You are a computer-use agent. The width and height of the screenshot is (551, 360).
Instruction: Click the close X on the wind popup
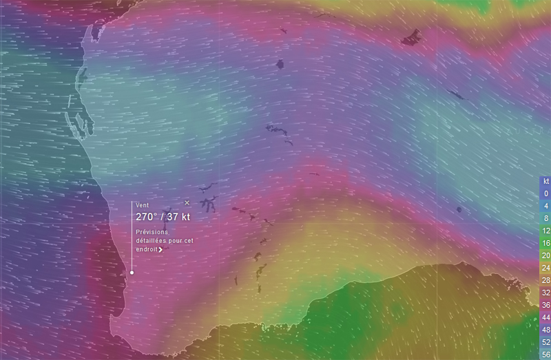187,202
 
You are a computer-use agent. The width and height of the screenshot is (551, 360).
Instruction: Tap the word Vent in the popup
142,206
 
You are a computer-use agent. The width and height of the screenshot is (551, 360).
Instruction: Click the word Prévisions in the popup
152,232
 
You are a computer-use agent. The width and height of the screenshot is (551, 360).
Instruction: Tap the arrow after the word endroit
160,249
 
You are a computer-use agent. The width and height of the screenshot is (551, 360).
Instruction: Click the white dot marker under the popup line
132,272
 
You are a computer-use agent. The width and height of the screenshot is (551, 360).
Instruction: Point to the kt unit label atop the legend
545,181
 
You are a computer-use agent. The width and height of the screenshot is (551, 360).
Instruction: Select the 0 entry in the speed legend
545,193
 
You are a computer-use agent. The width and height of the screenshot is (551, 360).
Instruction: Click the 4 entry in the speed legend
545,206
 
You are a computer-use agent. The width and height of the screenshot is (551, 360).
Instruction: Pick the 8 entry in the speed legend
545,218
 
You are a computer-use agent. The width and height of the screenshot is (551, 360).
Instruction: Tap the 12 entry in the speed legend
545,231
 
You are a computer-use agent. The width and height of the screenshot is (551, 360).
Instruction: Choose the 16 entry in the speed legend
545,243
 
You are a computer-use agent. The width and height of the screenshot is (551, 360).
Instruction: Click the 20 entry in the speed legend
545,255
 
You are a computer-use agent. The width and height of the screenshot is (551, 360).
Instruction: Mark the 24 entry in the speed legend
545,268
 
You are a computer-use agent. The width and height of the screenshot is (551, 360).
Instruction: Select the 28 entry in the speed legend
545,280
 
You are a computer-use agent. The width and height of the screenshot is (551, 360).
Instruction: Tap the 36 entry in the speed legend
545,305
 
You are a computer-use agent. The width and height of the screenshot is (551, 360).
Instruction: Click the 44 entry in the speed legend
545,317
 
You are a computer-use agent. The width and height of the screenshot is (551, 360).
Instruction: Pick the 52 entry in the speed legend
545,342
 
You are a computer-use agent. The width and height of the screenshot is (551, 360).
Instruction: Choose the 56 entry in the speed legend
545,354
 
